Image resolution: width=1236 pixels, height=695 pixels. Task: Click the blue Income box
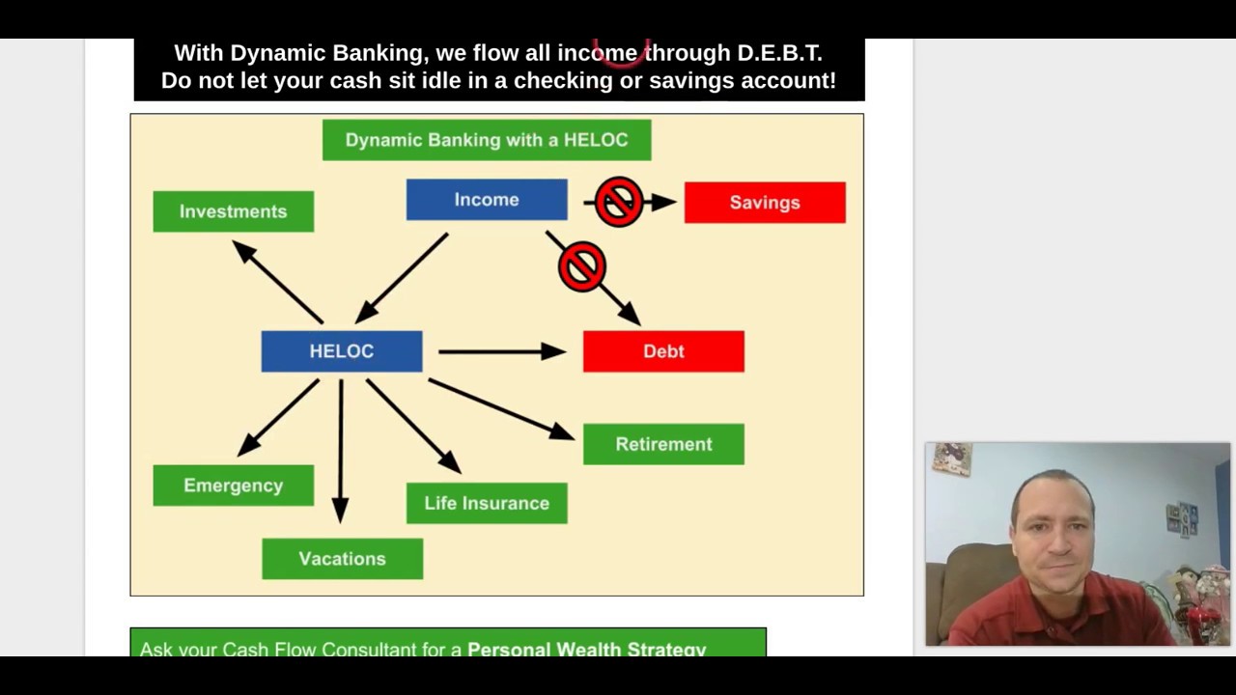click(x=487, y=200)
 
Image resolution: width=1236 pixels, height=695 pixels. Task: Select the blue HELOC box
click(x=341, y=351)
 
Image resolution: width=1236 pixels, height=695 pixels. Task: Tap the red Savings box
click(x=764, y=203)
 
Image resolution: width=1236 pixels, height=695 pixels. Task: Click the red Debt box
click(x=663, y=351)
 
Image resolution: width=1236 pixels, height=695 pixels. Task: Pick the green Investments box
click(x=233, y=211)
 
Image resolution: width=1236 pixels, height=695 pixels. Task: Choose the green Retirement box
click(x=663, y=444)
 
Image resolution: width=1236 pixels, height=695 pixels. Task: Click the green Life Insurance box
click(x=487, y=503)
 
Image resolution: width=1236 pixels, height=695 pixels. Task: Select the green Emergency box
click(x=233, y=486)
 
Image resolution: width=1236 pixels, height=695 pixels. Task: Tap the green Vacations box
click(x=342, y=559)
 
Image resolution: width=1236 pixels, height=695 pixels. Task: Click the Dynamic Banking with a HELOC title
click(x=487, y=140)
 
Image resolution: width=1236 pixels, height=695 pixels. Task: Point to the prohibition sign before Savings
click(x=619, y=202)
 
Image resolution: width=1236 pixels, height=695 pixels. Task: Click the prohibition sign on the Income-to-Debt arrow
click(x=581, y=266)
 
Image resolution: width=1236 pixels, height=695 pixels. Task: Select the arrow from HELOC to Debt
click(x=502, y=352)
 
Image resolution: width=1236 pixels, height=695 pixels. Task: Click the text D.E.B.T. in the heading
click(x=779, y=53)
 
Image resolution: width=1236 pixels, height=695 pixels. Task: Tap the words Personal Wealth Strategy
click(x=586, y=649)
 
